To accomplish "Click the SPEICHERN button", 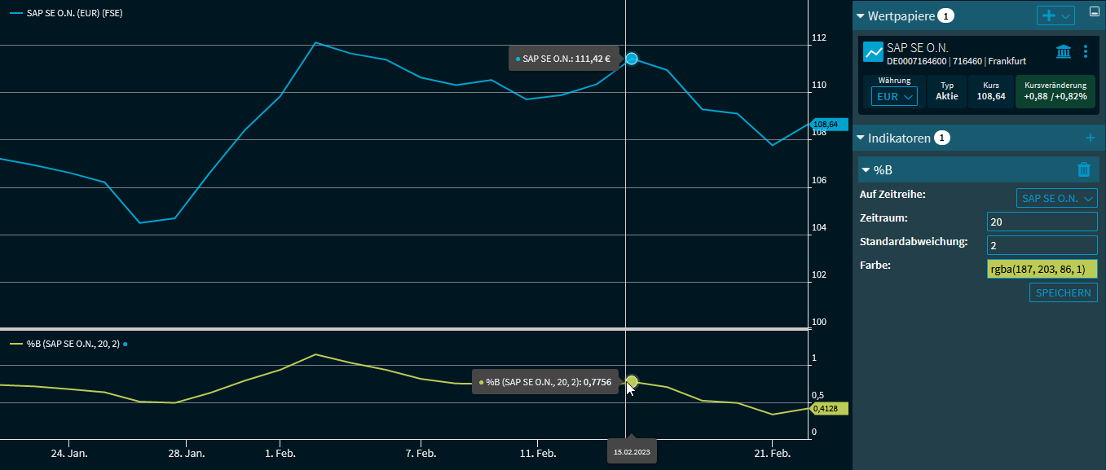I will pos(1063,292).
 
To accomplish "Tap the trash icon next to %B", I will pos(1084,169).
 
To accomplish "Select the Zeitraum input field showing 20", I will pos(1042,222).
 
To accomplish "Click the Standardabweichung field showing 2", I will pos(1042,245).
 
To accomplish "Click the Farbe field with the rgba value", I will pos(1042,269).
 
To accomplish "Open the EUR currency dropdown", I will pos(894,96).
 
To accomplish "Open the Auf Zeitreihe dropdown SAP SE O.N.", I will pos(1056,198).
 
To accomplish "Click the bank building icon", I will pos(1064,52).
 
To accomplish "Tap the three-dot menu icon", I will pos(1086,52).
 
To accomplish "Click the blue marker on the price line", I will pos(631,59).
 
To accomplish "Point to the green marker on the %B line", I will pos(632,381).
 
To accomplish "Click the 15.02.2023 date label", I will pos(632,450).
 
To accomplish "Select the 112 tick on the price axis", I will pos(819,38).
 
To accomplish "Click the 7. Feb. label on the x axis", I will pos(421,453).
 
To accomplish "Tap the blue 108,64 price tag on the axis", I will pos(829,125).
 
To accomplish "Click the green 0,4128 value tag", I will pos(829,409).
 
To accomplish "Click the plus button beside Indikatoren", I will pos(1091,138).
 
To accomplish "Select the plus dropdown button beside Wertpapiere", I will pos(1055,15).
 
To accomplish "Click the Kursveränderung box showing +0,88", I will pos(1055,90).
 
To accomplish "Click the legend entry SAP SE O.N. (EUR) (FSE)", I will pos(74,14).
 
